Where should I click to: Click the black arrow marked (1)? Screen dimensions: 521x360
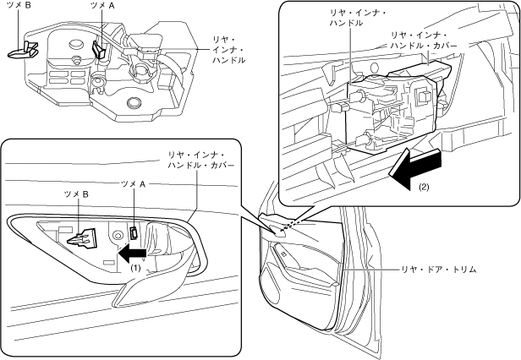pos(132,253)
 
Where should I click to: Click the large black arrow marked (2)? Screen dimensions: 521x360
pos(415,169)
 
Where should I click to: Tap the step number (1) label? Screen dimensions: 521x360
pos(135,267)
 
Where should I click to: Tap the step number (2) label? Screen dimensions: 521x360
pos(424,188)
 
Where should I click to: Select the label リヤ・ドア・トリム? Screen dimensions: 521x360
pos(439,270)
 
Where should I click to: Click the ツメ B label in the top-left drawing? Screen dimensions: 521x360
pos(19,5)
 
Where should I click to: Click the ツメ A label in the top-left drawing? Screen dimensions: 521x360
pos(102,5)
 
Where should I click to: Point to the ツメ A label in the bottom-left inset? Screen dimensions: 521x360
pos(134,184)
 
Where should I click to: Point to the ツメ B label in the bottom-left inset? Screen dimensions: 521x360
pos(76,194)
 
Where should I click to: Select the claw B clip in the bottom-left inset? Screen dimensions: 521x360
pos(82,237)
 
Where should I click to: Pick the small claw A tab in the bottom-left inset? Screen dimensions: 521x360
pos(134,232)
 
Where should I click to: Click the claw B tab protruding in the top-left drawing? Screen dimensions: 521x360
pos(24,49)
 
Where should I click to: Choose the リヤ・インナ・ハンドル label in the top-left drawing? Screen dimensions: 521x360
pos(229,50)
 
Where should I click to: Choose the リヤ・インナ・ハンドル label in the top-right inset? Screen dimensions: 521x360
pos(358,18)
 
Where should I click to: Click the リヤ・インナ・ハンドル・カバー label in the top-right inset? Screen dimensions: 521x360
pos(424,41)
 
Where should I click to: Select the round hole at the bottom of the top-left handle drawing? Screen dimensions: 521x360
pos(134,102)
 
